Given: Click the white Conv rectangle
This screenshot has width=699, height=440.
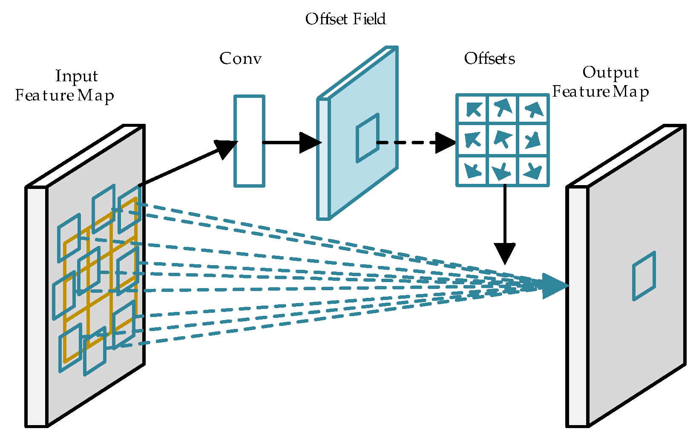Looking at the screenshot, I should click(249, 141).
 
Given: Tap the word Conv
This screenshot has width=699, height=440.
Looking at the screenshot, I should click(240, 59).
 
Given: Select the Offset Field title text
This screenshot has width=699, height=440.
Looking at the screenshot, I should click(345, 19).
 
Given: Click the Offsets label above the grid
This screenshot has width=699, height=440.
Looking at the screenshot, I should click(489, 59).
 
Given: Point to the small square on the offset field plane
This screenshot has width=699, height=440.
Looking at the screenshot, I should click(368, 138).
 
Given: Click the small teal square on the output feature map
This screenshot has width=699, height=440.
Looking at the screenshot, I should click(644, 276).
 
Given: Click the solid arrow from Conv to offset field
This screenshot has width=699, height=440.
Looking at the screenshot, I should click(290, 143).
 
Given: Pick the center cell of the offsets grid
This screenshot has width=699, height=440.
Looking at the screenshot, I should click(503, 140).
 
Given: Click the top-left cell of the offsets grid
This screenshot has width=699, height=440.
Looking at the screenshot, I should click(472, 109).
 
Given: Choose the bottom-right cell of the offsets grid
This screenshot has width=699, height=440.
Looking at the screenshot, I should click(532, 171).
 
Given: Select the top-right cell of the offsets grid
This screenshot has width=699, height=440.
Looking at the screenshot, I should click(532, 109).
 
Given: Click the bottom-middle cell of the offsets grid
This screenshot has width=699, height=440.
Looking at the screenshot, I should click(503, 171).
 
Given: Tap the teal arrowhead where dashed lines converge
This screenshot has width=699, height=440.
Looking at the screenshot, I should click(554, 286).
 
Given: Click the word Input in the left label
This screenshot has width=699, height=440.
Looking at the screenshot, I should click(77, 76).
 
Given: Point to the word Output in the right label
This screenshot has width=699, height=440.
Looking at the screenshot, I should click(610, 72).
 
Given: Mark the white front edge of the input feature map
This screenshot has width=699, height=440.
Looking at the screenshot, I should click(37, 306).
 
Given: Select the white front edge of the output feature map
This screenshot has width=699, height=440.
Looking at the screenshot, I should click(577, 306).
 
